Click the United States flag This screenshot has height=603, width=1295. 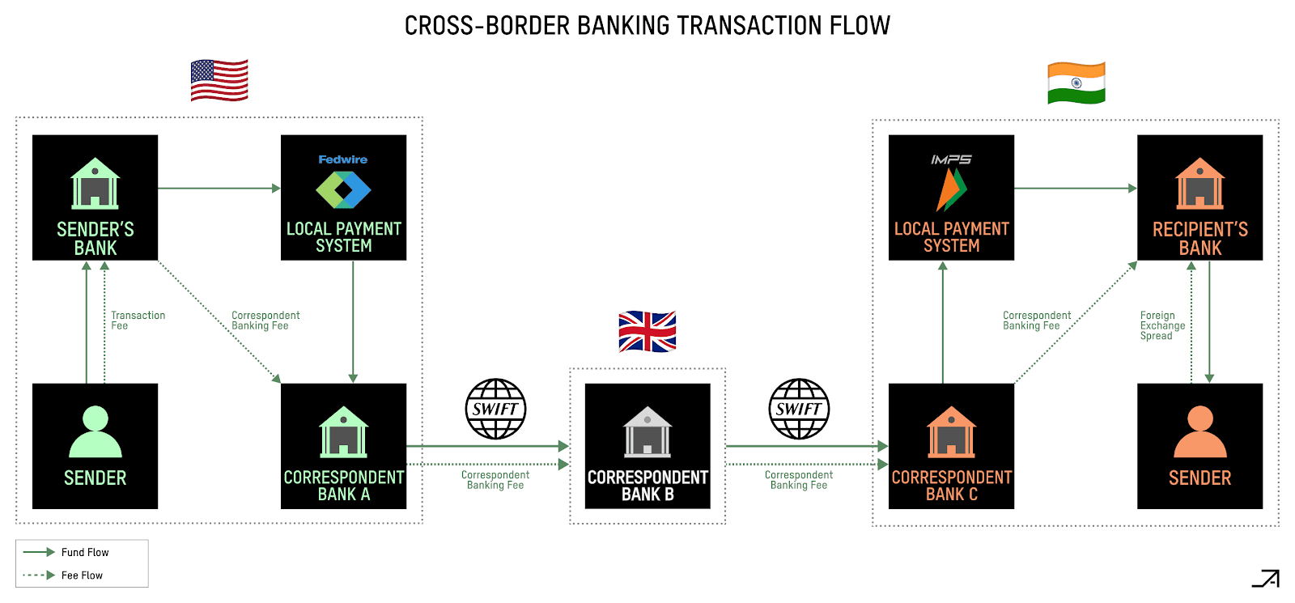[x=219, y=80]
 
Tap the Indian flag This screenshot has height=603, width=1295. [x=1076, y=83]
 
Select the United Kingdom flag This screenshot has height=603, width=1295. [x=647, y=332]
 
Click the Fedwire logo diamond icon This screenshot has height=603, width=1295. [x=343, y=190]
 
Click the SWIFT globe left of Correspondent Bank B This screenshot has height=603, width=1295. [x=495, y=409]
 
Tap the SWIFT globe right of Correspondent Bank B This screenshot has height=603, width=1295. [x=799, y=409]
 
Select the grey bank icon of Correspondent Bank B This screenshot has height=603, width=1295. [x=647, y=431]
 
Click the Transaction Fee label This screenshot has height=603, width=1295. [x=138, y=321]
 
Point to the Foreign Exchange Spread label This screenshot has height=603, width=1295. [x=1162, y=325]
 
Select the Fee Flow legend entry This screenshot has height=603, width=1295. [x=82, y=575]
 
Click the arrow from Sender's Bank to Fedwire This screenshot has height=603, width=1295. [x=219, y=189]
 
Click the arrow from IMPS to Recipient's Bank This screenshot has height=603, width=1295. [x=1075, y=189]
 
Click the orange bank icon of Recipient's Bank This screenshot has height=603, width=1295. [x=1199, y=184]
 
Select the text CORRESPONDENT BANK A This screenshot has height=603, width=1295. [x=343, y=486]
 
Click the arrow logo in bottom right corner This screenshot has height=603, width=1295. [x=1267, y=578]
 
